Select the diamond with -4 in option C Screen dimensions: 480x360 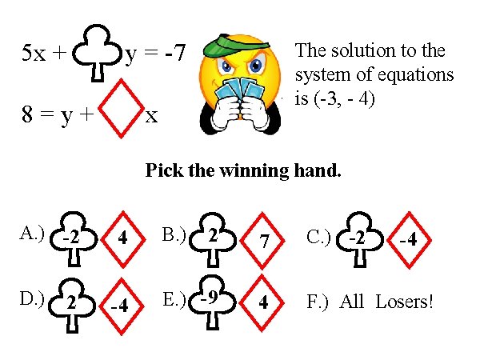tap(410, 238)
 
